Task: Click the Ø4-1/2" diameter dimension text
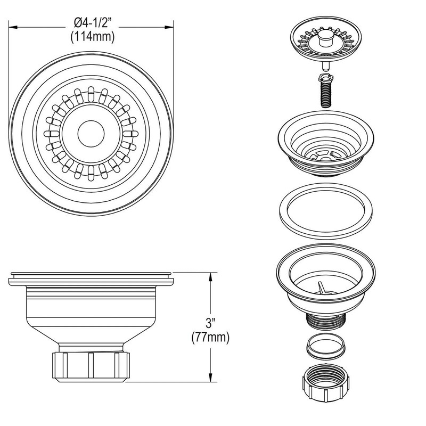coord(94,23)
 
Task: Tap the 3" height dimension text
coord(212,324)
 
